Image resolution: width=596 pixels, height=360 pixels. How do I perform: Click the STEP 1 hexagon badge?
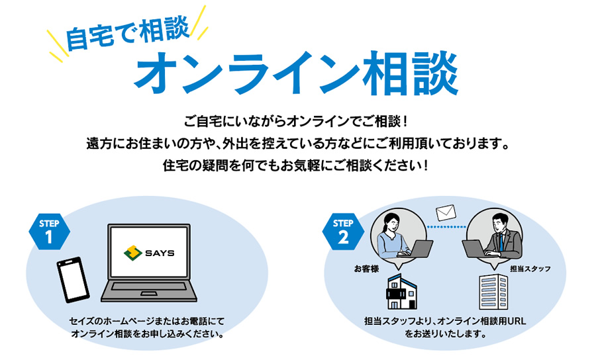pos(50,231)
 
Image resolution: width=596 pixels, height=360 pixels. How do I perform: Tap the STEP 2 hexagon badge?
pos(343,231)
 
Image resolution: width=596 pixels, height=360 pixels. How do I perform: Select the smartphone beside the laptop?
pos(73,279)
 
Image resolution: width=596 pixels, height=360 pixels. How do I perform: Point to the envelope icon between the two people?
pos(446,212)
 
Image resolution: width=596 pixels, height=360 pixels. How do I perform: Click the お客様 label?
pos(366,269)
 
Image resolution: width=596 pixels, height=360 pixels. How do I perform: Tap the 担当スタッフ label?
pos(530,269)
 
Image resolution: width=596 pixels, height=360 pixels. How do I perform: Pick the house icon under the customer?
pos(401,292)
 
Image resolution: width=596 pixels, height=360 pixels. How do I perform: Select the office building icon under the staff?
pos(493,292)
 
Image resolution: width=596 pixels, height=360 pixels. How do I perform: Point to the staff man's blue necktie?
pos(502,242)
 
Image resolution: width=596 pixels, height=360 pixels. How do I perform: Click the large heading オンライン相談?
pos(296,73)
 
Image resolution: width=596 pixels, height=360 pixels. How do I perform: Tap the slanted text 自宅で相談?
pos(128,33)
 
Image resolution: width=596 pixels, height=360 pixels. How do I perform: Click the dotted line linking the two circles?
pos(446,227)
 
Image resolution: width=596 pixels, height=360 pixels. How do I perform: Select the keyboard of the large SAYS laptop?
pos(149,287)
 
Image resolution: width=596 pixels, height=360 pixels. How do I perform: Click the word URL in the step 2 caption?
pos(517,321)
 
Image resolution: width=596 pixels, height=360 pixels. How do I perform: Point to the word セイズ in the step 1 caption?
pos(81,321)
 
